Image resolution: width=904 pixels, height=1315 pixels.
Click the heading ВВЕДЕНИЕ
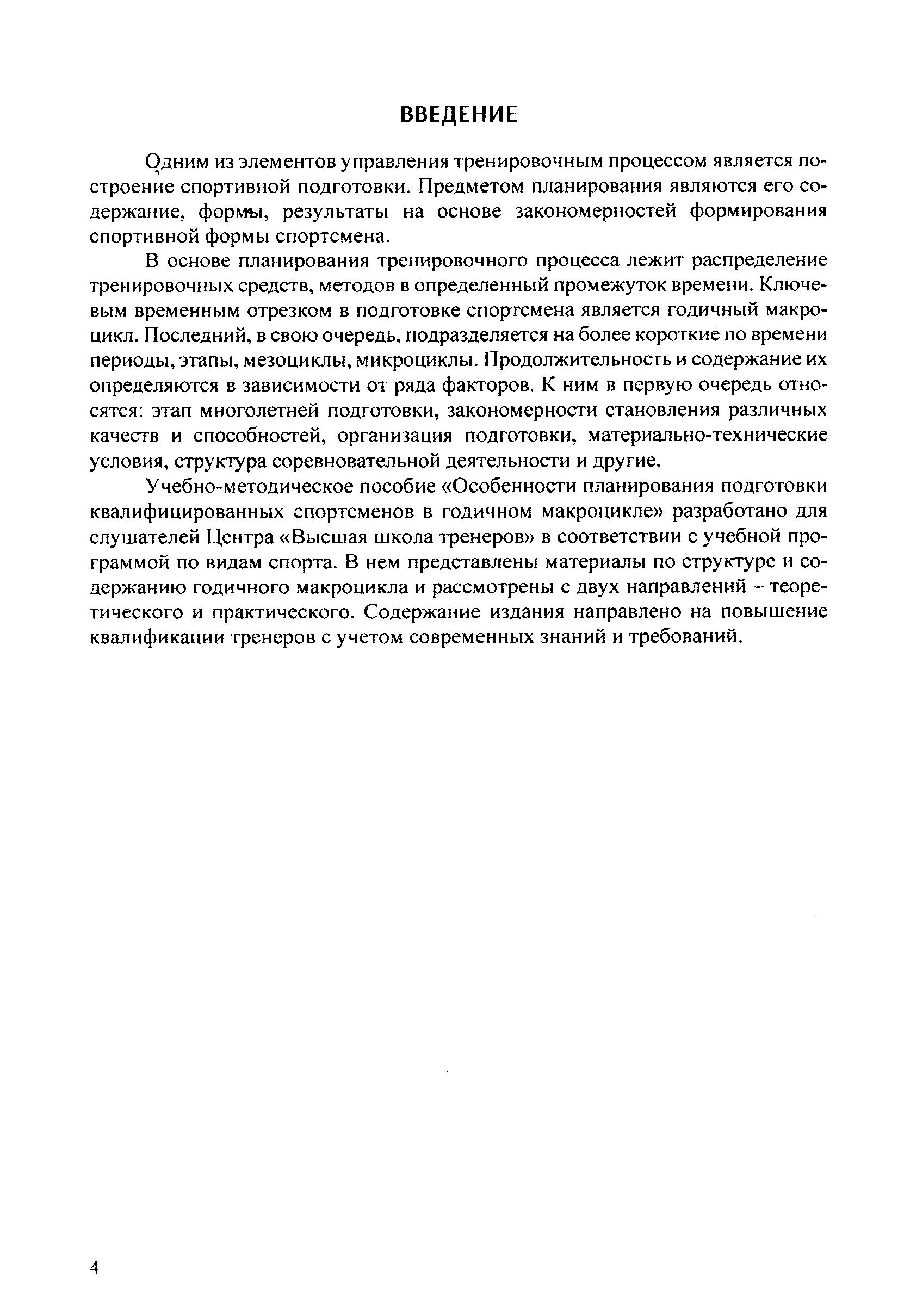(458, 115)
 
